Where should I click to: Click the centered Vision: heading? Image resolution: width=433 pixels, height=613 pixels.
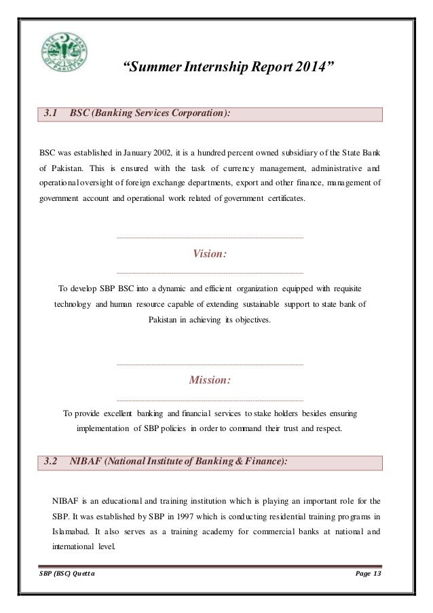tap(210, 254)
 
